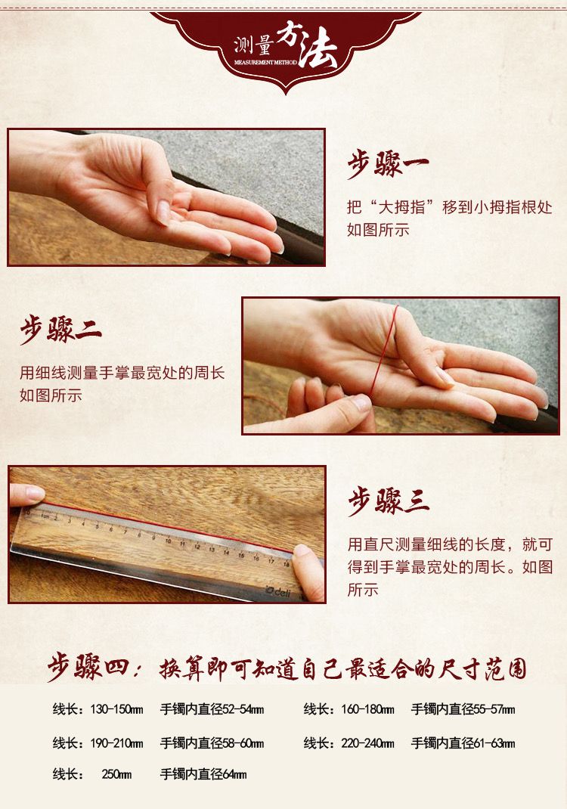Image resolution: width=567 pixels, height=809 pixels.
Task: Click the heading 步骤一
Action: tap(388, 164)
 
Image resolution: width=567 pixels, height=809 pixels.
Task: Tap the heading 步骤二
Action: tap(60, 329)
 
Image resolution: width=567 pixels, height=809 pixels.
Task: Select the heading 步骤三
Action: tap(388, 501)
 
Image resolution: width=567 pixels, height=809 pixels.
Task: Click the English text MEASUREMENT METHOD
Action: tap(265, 63)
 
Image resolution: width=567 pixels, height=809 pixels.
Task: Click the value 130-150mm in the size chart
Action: tap(116, 709)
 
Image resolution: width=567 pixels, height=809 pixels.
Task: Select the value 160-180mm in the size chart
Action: tap(367, 709)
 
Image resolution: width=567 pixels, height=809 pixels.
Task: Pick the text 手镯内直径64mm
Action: tap(203, 774)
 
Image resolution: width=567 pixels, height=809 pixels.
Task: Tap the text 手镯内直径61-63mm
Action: tap(463, 743)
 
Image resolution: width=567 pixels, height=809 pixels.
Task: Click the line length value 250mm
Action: tap(116, 774)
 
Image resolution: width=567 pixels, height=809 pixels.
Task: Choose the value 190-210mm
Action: tap(116, 743)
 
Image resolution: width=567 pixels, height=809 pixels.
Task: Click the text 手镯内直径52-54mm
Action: tap(212, 709)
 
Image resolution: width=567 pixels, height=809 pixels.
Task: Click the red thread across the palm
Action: tap(384, 351)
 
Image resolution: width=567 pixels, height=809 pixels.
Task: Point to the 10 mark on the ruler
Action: tap(168, 541)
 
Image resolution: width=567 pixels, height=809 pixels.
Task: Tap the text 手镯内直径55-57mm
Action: tap(463, 709)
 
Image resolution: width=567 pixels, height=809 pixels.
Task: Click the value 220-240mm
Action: tap(367, 743)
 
